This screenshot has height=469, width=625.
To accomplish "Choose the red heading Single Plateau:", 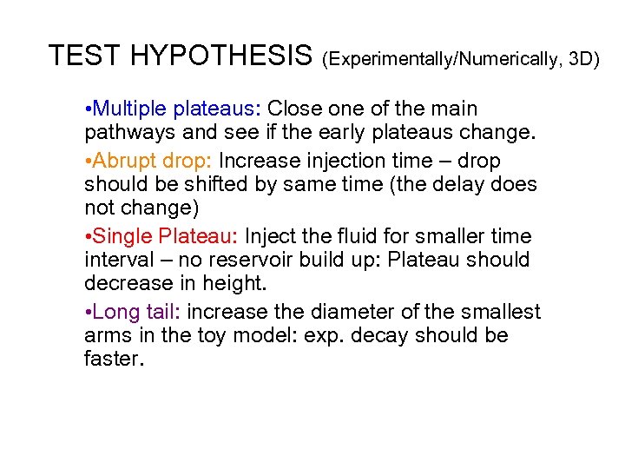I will tap(167, 236).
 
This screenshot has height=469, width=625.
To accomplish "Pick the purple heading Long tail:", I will tap(137, 312).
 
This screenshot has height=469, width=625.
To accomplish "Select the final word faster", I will tap(112, 360).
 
